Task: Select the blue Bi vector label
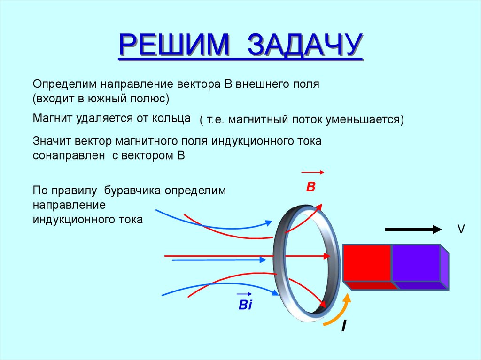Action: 245,305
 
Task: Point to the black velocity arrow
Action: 413,229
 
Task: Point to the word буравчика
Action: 125,191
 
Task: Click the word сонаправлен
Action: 69,156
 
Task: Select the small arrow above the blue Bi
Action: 244,293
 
